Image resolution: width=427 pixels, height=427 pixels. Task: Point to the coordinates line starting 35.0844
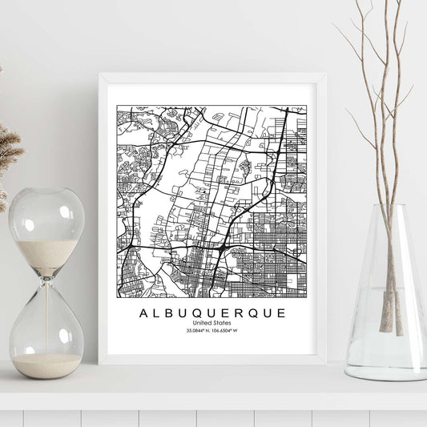[x=211, y=331]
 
